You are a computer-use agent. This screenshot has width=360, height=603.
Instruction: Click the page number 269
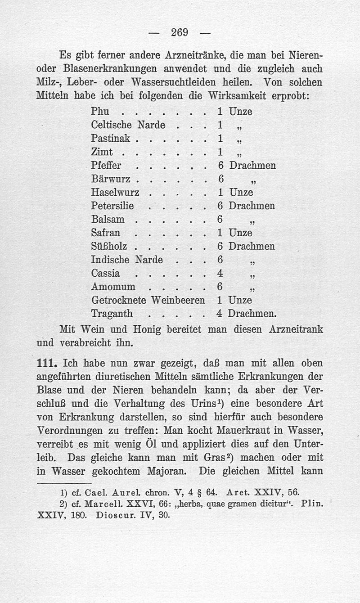(x=180, y=33)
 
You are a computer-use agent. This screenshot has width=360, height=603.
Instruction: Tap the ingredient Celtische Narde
(x=128, y=125)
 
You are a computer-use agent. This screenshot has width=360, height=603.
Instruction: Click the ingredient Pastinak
(x=110, y=138)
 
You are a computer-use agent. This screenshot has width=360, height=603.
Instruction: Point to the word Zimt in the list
(x=102, y=152)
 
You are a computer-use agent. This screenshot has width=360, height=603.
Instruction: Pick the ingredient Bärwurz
(x=111, y=179)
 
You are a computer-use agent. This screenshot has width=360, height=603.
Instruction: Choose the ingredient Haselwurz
(x=115, y=192)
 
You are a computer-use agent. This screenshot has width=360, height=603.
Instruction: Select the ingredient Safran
(x=105, y=233)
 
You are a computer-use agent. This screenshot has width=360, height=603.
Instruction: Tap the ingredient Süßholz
(x=109, y=247)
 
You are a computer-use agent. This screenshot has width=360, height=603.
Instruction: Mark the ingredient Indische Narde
(x=126, y=260)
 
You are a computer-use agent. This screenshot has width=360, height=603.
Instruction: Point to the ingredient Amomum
(x=112, y=287)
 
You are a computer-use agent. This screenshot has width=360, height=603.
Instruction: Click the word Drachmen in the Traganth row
(x=252, y=313)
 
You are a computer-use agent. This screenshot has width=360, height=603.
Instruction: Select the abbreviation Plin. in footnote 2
(x=312, y=503)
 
